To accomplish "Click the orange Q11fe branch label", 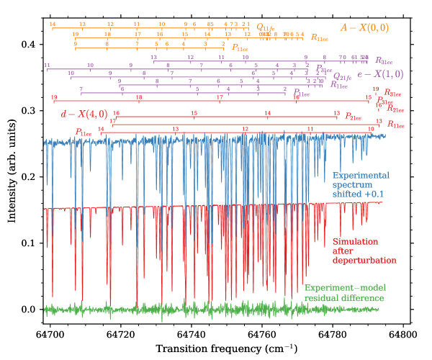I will click(264, 27).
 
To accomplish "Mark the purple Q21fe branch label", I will click(338, 75).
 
